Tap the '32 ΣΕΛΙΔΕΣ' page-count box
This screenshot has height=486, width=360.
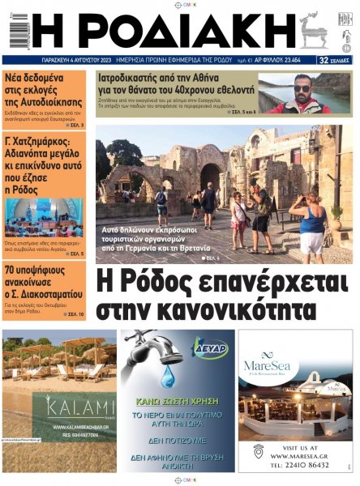[335, 60]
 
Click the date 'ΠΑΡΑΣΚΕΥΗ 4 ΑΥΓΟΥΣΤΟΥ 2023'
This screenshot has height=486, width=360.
[78, 60]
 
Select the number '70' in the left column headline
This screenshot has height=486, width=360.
[12, 271]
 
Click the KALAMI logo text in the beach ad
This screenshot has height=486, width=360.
[69, 407]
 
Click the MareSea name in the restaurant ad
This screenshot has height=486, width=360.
[272, 366]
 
